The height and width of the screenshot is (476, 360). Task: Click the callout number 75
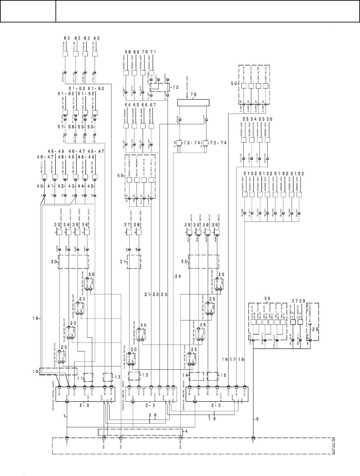tap(193, 94)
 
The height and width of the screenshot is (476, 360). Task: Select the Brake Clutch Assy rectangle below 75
tap(193, 103)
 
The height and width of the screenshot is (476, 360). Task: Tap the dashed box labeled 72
tap(160, 88)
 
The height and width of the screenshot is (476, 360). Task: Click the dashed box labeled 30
tap(73, 262)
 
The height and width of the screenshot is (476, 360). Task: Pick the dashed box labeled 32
tap(203, 262)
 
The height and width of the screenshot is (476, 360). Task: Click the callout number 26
tap(267, 299)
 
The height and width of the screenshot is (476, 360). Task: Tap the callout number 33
tap(57, 225)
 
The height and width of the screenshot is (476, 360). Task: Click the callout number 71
tap(153, 52)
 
